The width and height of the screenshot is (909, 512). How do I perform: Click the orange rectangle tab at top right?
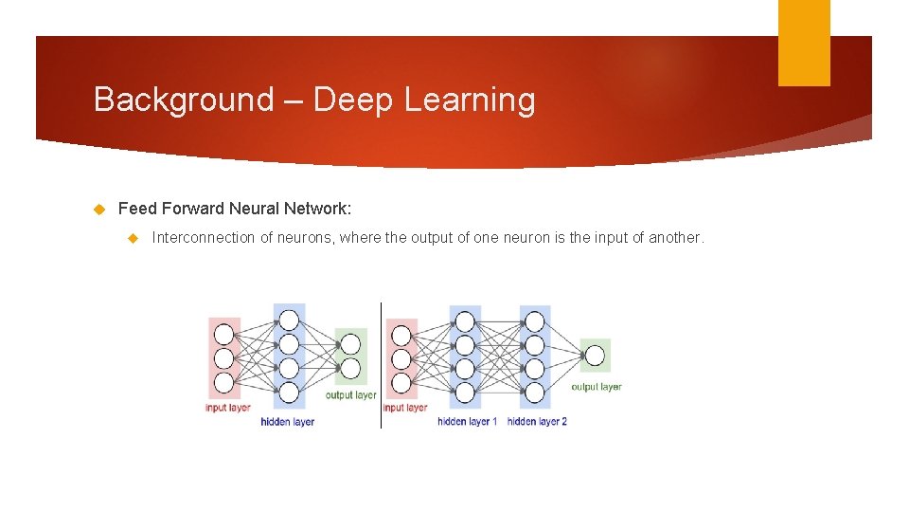click(x=803, y=43)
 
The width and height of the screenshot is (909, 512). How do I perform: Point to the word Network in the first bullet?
click(x=317, y=208)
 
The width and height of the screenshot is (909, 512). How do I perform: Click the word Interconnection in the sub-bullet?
click(x=204, y=238)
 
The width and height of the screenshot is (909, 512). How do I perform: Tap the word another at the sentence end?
click(x=675, y=238)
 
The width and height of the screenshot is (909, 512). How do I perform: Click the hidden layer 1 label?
click(x=467, y=421)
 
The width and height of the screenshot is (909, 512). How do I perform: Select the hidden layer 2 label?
click(x=537, y=421)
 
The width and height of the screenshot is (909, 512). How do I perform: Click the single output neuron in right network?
click(x=595, y=356)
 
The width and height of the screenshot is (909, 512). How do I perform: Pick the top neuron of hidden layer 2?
click(x=535, y=321)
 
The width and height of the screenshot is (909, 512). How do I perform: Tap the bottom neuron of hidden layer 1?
click(x=465, y=391)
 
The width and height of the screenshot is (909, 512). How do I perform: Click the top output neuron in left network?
click(x=350, y=344)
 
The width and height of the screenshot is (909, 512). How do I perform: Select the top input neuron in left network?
click(x=223, y=335)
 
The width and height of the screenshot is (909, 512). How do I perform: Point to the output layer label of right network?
click(x=597, y=387)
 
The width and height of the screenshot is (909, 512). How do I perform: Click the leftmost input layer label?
click(x=228, y=408)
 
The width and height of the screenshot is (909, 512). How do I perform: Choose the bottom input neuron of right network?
click(x=401, y=383)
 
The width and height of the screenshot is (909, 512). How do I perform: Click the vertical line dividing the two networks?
click(x=381, y=365)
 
